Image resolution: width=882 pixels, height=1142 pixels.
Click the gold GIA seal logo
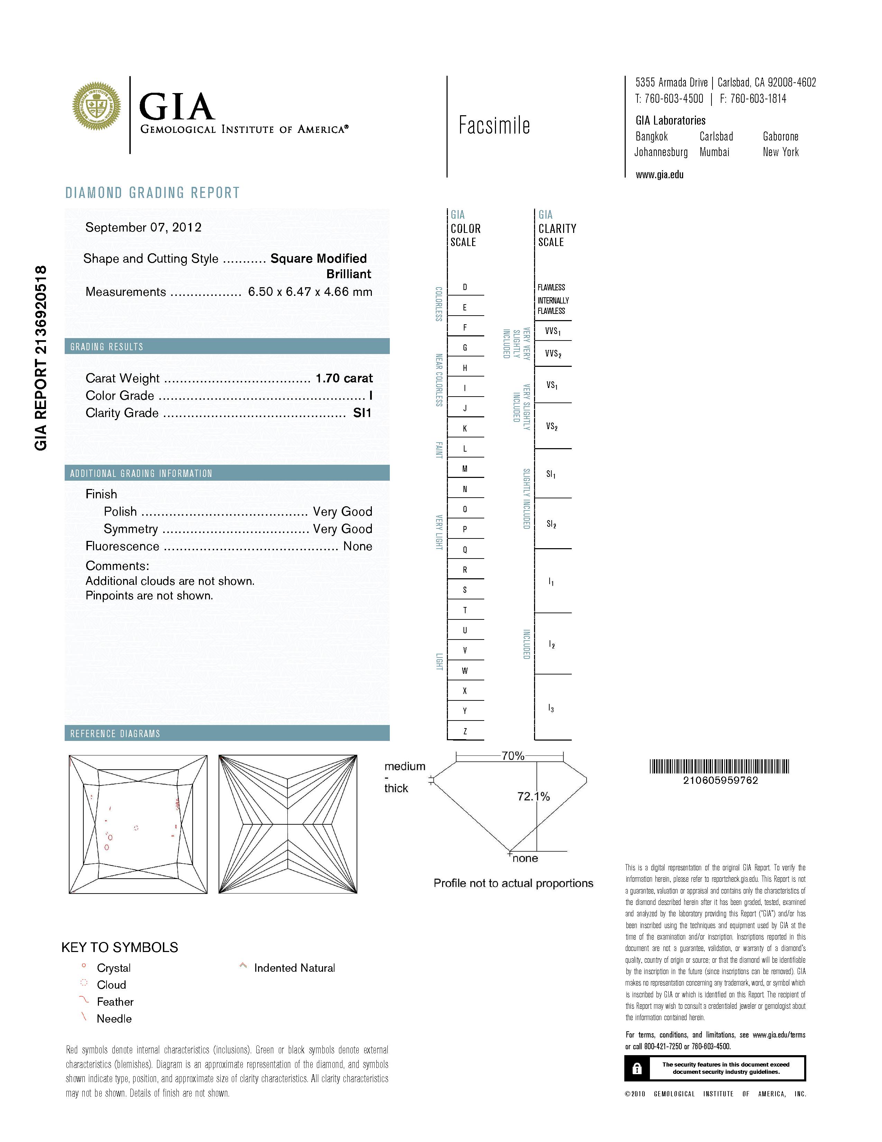click(97, 106)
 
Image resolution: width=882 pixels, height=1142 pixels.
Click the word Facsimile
click(494, 126)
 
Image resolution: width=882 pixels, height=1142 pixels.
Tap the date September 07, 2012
click(143, 227)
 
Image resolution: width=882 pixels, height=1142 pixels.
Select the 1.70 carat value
click(344, 378)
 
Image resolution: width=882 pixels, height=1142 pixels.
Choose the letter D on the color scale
click(465, 287)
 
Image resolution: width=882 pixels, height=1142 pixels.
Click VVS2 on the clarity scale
click(553, 354)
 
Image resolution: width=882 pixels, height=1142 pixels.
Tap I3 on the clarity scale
click(551, 708)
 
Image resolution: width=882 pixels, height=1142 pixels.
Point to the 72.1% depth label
click(533, 796)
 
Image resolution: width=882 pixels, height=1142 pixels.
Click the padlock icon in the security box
click(636, 1068)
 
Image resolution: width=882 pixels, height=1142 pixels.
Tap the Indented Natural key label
click(294, 968)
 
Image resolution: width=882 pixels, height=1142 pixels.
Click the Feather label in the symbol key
click(115, 1002)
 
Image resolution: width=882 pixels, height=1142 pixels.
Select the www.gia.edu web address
click(659, 175)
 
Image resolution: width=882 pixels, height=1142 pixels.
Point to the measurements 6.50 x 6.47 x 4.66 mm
click(310, 292)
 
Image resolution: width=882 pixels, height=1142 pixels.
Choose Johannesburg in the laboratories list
click(661, 152)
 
